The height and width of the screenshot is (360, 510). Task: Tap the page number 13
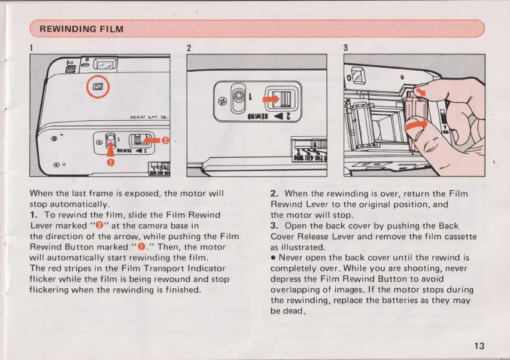[x=478, y=346]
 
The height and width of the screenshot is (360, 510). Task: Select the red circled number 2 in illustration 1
[x=167, y=141]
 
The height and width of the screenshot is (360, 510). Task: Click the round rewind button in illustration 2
[x=239, y=96]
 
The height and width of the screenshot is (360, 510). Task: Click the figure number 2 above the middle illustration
[x=189, y=47]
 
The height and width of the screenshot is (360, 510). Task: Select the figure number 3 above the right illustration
[x=346, y=47]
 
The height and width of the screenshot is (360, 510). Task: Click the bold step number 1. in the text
[x=34, y=215]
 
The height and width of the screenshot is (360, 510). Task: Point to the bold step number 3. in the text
[x=275, y=226]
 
